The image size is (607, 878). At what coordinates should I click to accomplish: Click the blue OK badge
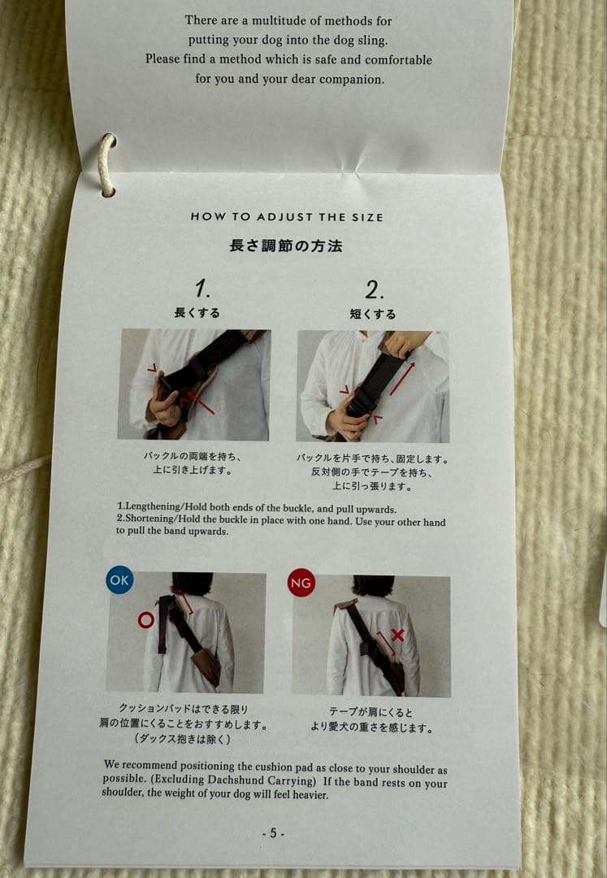[x=119, y=580]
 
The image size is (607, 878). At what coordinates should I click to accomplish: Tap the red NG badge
[x=301, y=583]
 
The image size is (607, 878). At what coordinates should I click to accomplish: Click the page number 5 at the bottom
[x=273, y=832]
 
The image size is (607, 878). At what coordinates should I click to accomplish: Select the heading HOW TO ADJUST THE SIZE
[x=287, y=217]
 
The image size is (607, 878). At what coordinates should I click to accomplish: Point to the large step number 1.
[x=202, y=288]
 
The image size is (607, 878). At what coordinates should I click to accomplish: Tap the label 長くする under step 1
[x=197, y=313]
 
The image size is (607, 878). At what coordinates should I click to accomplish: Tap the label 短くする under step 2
[x=373, y=314]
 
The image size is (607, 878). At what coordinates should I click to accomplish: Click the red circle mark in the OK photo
[x=146, y=620]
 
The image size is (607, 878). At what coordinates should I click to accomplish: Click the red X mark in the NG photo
[x=397, y=635]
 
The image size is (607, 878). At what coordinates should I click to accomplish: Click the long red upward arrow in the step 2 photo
[x=403, y=379]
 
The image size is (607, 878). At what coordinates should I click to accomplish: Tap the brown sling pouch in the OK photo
[x=206, y=663]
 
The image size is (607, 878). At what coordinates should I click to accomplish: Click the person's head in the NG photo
[x=372, y=585]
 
